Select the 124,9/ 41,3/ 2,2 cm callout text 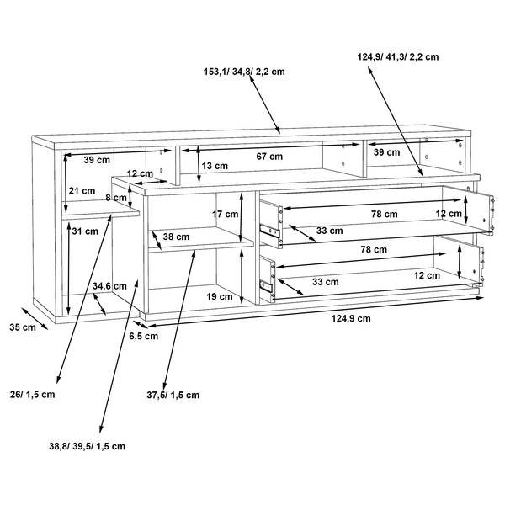click(x=396, y=58)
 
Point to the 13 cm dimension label click(x=214, y=166)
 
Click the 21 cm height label click(x=82, y=191)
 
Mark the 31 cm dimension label click(x=82, y=231)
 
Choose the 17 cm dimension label click(x=224, y=215)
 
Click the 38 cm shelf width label click(x=175, y=237)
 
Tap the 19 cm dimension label click(x=220, y=296)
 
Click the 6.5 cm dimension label click(x=145, y=336)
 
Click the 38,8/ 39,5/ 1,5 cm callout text click(x=87, y=446)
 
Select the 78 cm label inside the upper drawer click(x=384, y=214)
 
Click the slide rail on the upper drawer click(x=270, y=231)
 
